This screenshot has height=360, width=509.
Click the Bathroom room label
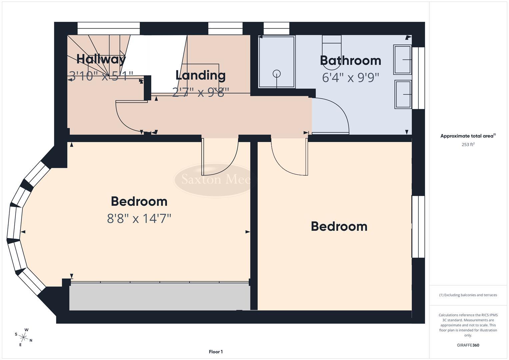click(x=350, y=61)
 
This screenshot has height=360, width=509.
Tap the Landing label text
click(x=200, y=75)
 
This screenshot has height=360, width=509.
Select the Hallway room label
click(x=101, y=59)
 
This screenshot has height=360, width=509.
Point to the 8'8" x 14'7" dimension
click(x=139, y=219)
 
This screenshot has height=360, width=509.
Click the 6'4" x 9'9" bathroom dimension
click(x=350, y=78)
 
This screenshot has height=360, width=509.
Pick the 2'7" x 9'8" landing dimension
click(x=200, y=92)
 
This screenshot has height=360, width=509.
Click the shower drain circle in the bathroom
click(x=277, y=74)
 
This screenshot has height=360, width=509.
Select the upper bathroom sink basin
click(x=403, y=60)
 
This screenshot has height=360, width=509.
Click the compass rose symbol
click(x=24, y=337)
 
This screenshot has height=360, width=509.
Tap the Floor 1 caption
click(x=216, y=352)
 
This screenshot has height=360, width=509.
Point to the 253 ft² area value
click(x=468, y=145)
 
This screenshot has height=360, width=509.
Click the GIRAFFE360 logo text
click(x=468, y=345)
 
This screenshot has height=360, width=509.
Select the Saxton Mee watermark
click(x=215, y=180)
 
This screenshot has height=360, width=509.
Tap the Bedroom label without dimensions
click(x=339, y=227)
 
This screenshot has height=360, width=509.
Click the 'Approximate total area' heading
click(x=468, y=136)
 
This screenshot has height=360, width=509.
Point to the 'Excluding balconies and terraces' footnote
click(x=468, y=295)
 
